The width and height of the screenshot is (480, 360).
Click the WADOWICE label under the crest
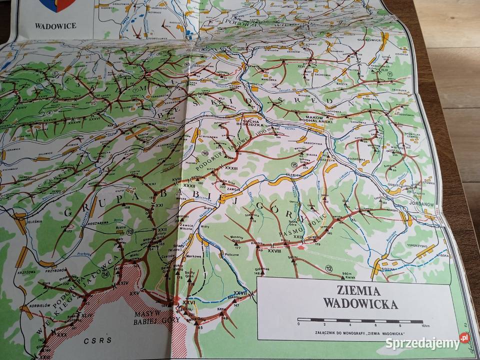point(55,25)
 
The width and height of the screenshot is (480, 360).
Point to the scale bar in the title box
point(360,320)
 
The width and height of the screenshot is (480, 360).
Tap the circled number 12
point(328,269)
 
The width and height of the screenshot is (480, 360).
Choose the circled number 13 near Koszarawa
point(130,231)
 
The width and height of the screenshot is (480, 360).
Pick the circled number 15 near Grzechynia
point(294,165)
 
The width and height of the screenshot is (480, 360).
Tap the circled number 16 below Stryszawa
point(205,153)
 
